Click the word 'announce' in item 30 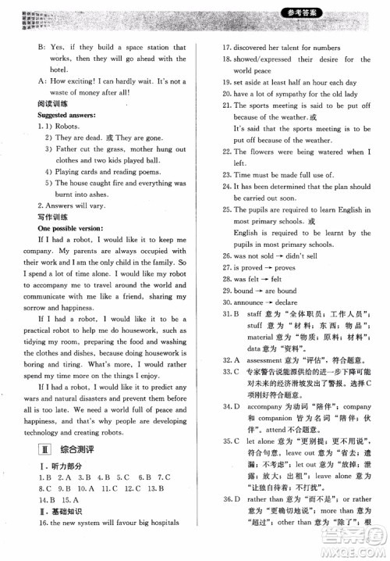coord(244,302)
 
